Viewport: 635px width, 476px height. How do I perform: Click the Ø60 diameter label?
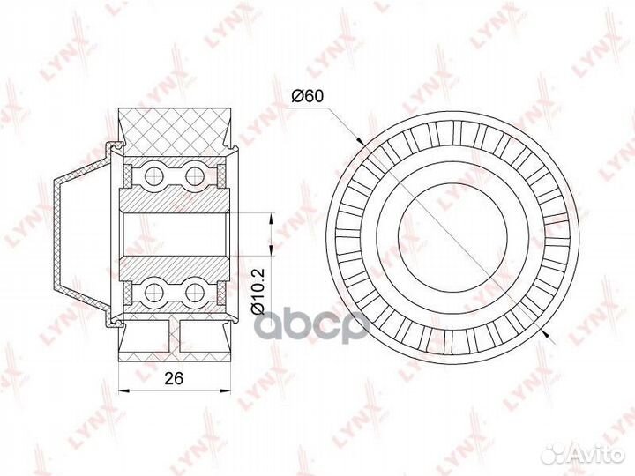click(308, 96)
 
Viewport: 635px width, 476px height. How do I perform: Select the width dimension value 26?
click(174, 378)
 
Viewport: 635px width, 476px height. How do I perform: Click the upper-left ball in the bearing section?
click(153, 175)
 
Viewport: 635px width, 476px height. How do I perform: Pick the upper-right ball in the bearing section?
click(195, 175)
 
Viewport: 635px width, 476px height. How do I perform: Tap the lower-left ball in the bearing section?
click(153, 292)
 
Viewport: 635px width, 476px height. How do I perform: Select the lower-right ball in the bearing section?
click(195, 292)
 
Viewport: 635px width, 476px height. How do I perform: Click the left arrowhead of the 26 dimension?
click(123, 391)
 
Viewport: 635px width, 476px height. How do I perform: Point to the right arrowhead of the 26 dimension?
click(225, 391)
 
